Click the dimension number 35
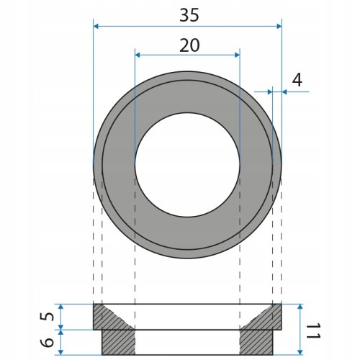(x=189, y=15)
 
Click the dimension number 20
(x=189, y=45)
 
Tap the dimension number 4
(x=297, y=80)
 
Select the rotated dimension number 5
(x=49, y=317)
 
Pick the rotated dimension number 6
(x=49, y=342)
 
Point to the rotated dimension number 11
(x=313, y=330)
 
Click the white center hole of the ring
(x=187, y=165)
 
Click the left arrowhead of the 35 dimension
(x=96, y=26)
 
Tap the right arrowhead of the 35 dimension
(x=279, y=26)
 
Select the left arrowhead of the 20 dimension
(x=138, y=55)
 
